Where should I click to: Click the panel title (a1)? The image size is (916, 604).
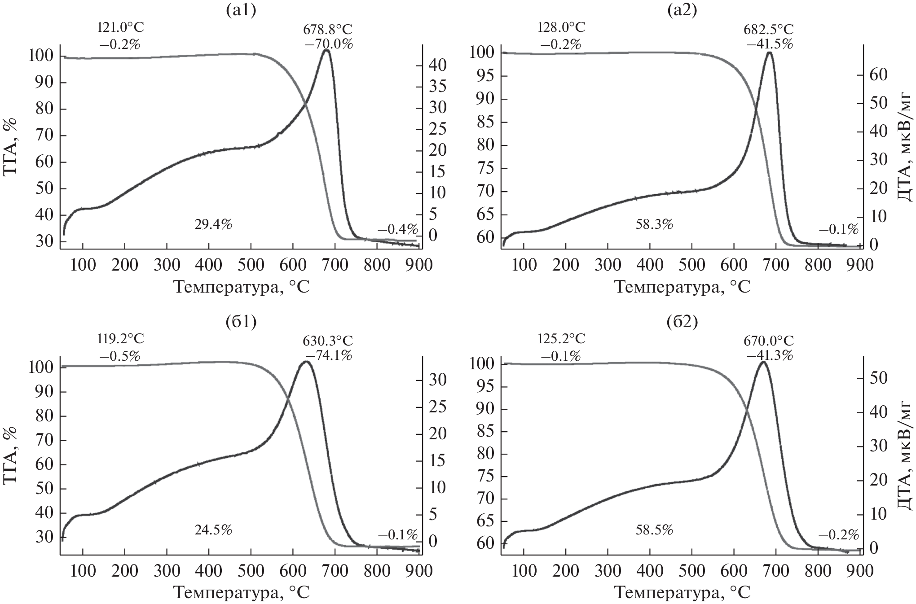point(241,10)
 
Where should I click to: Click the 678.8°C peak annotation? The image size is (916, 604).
point(327,29)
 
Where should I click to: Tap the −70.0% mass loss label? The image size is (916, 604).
point(327,44)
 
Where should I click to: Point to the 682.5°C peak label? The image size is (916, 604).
point(769,29)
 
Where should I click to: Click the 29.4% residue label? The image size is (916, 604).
point(213,224)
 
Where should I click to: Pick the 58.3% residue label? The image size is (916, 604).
point(654,224)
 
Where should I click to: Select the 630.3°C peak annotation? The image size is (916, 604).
point(327,341)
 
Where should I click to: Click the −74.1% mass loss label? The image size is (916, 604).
point(327,355)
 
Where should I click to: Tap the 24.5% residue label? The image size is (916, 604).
point(213,530)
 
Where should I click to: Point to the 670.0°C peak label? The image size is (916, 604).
point(769,341)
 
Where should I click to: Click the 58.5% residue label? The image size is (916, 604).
point(654,530)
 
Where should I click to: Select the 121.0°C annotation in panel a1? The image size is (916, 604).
point(121,27)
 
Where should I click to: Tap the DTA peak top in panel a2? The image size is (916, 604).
point(769,53)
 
